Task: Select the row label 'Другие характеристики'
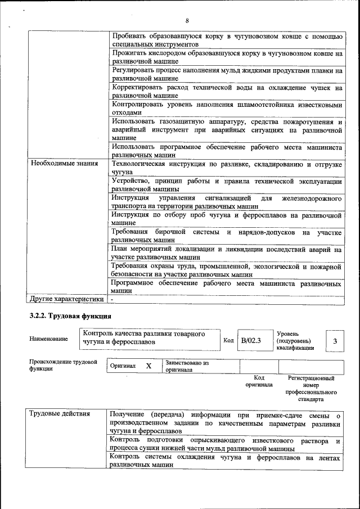[x=67, y=299]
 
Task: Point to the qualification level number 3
[x=335, y=341]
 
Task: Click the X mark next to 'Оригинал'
[x=148, y=366]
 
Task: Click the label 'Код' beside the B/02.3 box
[x=228, y=340]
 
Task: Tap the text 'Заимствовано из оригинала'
[x=187, y=367]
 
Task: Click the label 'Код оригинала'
[x=259, y=381]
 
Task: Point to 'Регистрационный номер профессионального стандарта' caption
[x=310, y=389]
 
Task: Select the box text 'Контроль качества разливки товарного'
[x=143, y=334]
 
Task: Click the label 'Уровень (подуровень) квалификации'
[x=295, y=341]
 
